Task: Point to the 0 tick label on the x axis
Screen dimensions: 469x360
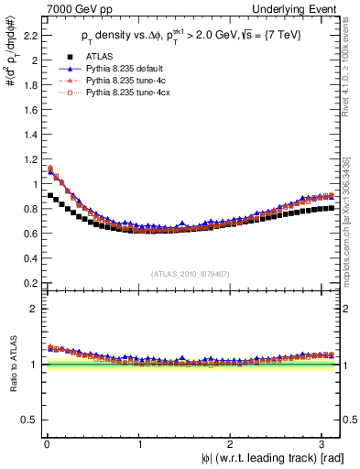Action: tap(45, 444)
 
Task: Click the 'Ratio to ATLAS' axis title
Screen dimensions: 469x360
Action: tap(10, 366)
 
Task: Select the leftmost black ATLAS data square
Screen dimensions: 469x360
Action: tap(50, 195)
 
